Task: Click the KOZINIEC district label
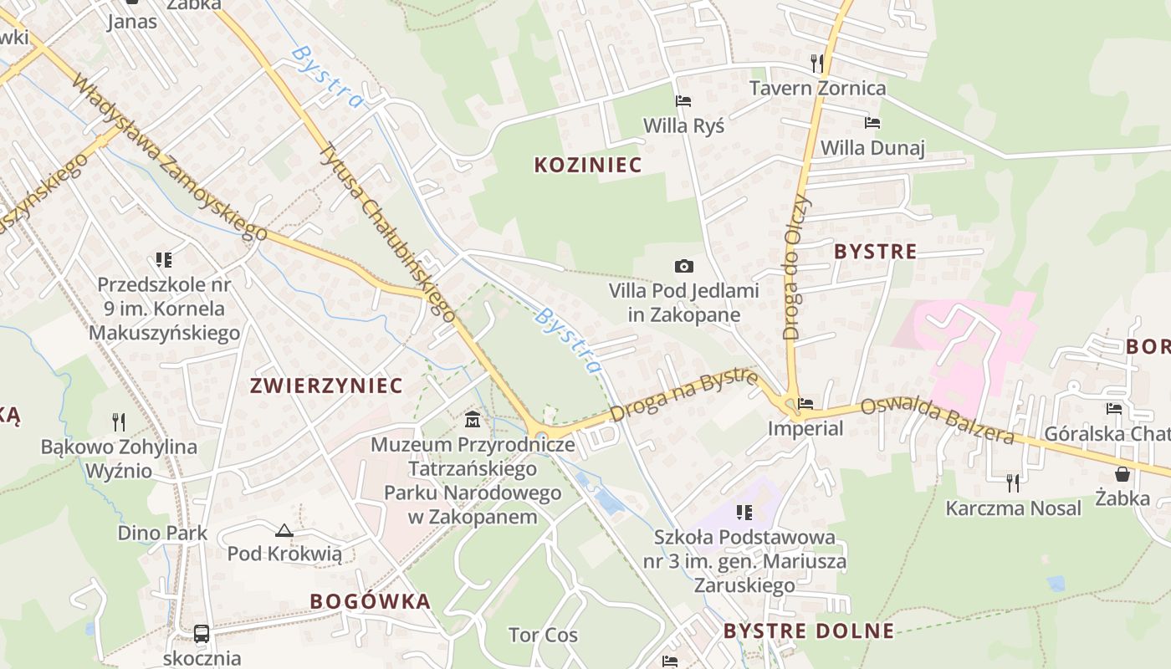(x=588, y=165)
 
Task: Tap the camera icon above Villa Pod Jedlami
(x=683, y=266)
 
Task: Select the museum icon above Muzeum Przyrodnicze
(x=473, y=418)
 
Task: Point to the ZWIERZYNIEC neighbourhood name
(x=326, y=386)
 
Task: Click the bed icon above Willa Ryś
(x=683, y=101)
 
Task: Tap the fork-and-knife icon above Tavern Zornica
(x=817, y=63)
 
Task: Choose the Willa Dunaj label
(x=872, y=148)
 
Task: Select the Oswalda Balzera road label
(x=938, y=420)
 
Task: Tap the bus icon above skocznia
(x=202, y=633)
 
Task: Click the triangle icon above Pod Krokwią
(x=284, y=530)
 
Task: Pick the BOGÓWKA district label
(x=371, y=601)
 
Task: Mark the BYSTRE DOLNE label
(x=809, y=631)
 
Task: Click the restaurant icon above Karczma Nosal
(x=1013, y=482)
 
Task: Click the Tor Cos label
(x=543, y=635)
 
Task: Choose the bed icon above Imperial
(x=805, y=404)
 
